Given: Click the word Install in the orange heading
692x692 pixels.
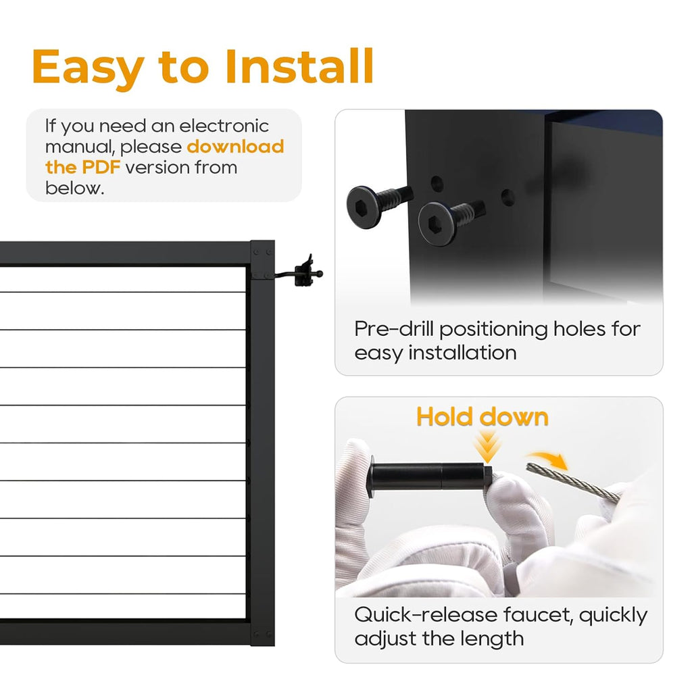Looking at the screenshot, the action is click(299, 66).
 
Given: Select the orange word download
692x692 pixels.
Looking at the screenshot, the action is click(235, 147).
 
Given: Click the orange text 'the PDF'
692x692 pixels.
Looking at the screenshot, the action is click(82, 168).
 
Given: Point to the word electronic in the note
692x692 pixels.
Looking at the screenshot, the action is click(224, 126).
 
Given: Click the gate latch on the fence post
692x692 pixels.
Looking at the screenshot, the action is click(305, 272).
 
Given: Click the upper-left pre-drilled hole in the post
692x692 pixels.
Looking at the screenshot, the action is click(437, 183).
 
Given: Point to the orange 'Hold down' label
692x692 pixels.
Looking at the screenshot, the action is click(483, 416).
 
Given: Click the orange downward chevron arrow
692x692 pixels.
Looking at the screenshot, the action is click(487, 446).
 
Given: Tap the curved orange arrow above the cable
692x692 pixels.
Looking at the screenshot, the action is click(548, 460).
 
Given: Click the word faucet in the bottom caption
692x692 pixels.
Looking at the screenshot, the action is click(538, 614).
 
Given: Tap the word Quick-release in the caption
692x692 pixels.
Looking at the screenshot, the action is click(426, 615).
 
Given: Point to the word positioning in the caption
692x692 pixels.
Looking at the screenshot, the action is click(493, 330).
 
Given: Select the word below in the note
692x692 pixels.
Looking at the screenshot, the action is click(74, 188).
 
